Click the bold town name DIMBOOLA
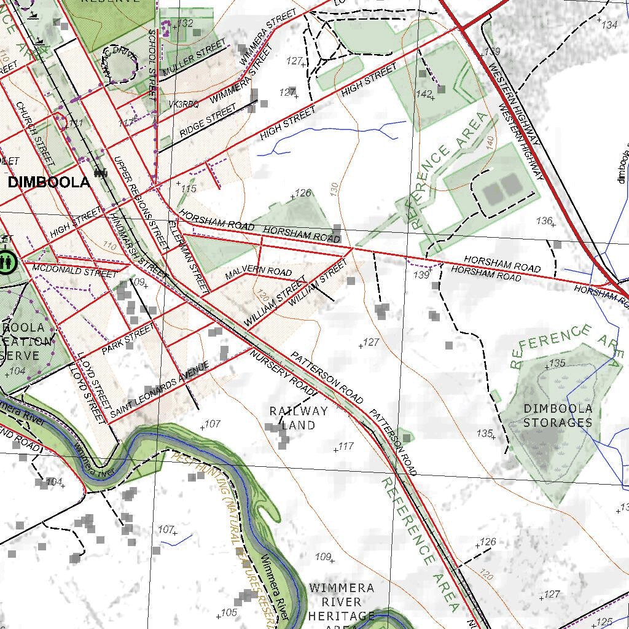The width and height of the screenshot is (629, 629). coord(49,182)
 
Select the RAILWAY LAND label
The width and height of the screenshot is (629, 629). coord(299,418)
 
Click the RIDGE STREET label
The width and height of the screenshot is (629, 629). coord(208,121)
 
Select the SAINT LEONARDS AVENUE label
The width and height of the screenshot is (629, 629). coord(159,391)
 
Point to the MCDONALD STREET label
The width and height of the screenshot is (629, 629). coord(74,270)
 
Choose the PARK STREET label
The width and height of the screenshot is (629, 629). coord(130,340)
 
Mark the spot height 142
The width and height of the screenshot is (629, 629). coord(424,93)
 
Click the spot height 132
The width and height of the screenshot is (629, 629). coord(185,23)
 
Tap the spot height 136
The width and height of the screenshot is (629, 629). coord(544,221)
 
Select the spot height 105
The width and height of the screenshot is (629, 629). coord(228,612)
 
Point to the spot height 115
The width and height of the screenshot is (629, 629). coord(189,189)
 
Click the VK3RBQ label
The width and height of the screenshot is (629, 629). coord(184,105)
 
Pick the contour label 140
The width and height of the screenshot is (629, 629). coord(490,141)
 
